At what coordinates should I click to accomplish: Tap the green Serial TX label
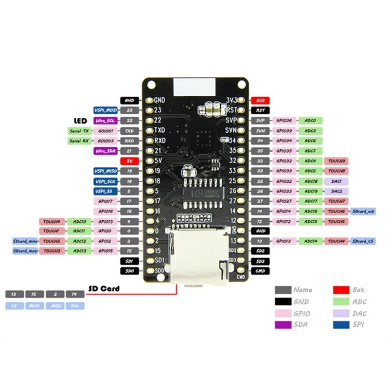[x=79, y=131]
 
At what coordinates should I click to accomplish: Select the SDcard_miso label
[x=25, y=241]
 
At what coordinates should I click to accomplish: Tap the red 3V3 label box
[x=261, y=101]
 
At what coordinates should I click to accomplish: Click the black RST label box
[x=261, y=110]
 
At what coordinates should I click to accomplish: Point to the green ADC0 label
[x=310, y=121]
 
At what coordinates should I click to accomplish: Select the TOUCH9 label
[x=337, y=161]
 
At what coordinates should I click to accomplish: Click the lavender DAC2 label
[x=337, y=191]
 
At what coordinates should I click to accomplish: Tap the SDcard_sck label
[x=363, y=211]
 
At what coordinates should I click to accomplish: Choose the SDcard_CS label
[x=363, y=241]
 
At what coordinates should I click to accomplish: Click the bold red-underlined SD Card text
[x=104, y=289]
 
